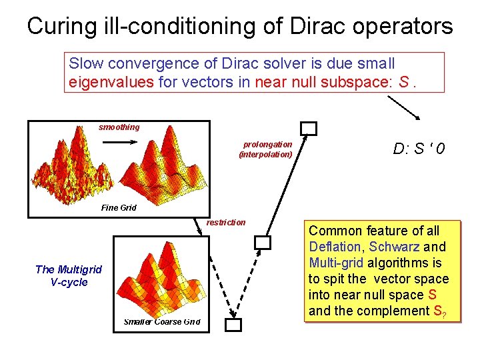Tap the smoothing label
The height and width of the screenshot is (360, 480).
point(119,127)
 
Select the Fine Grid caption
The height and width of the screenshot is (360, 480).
point(119,208)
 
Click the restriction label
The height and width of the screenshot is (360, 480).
point(226,223)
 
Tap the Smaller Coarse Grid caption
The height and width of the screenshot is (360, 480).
point(162,322)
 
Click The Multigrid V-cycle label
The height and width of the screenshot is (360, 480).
point(69,275)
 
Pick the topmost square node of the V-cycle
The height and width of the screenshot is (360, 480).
point(308,129)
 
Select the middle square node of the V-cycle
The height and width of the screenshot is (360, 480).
point(263,243)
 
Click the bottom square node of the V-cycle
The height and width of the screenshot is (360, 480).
point(233,325)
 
